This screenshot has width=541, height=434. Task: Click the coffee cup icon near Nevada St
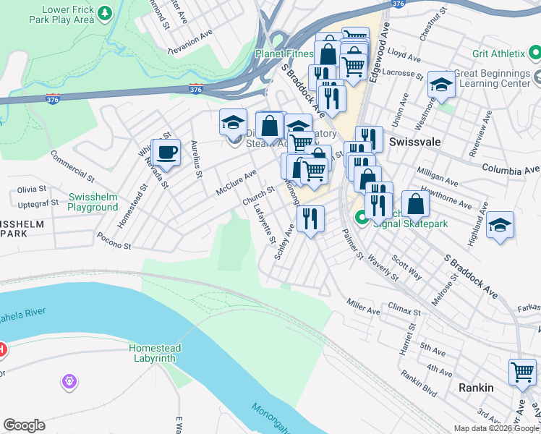pos(166,153)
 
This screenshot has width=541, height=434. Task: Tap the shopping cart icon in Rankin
pos(522,373)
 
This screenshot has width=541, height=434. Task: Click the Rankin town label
pos(476,388)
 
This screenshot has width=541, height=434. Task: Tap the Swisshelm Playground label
pos(93,202)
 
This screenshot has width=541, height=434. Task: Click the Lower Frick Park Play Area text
pos(68,14)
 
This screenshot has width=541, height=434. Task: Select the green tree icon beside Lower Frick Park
pos(105,13)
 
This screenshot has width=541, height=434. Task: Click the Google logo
pos(24,425)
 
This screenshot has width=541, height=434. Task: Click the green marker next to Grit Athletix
pos(534,52)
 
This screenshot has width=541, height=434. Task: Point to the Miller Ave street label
pos(363,306)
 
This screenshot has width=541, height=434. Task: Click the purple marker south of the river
pos(69,380)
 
